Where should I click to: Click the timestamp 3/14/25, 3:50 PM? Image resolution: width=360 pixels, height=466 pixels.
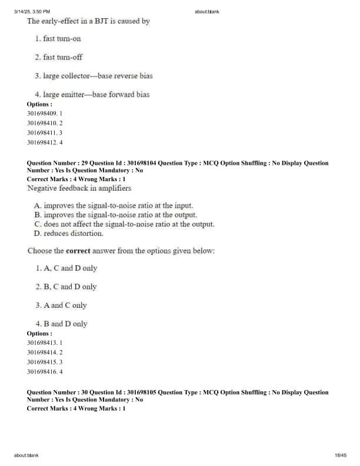(x=31, y=11)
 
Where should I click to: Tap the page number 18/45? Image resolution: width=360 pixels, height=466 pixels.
(x=340, y=455)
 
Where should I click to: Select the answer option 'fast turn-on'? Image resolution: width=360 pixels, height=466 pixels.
(x=62, y=39)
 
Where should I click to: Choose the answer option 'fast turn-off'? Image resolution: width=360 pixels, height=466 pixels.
(x=62, y=57)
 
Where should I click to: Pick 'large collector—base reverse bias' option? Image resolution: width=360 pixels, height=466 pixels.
(x=98, y=76)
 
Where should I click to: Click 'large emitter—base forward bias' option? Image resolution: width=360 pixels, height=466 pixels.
(x=96, y=94)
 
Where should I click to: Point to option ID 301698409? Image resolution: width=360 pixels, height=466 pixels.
(x=42, y=114)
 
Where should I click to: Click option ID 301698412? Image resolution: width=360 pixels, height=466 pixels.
(x=42, y=142)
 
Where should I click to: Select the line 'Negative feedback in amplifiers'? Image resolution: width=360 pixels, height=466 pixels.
(x=79, y=188)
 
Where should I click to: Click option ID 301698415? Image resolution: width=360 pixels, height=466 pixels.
(x=42, y=362)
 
